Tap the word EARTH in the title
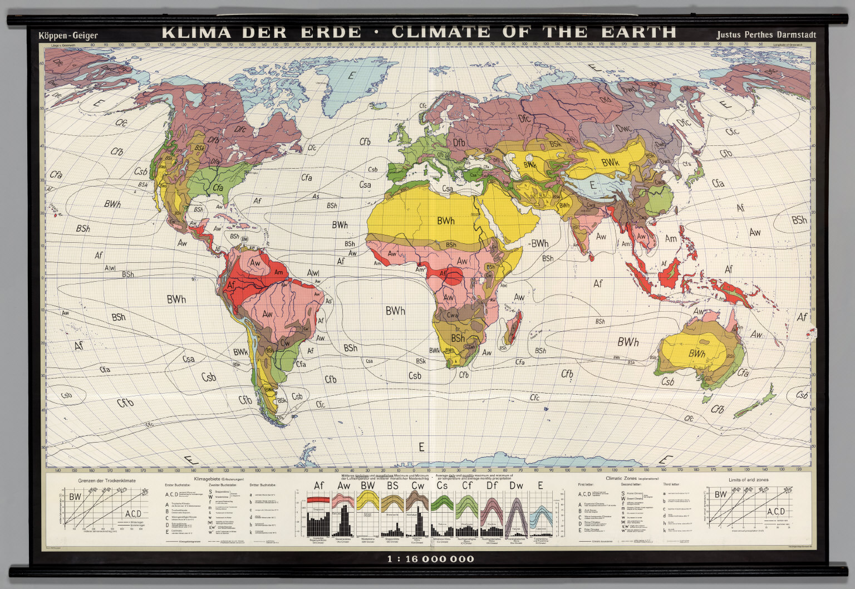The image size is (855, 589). point(638,32)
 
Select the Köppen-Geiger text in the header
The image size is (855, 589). point(68,36)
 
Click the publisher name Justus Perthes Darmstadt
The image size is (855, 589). point(766,35)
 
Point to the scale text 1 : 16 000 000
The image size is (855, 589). point(431,558)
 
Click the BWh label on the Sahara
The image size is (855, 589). point(445,221)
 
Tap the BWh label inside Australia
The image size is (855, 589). point(696,354)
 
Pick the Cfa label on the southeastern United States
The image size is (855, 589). point(217,188)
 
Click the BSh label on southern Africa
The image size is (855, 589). point(458,338)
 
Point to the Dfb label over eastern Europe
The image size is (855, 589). point(459,143)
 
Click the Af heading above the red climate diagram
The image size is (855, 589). point(318,485)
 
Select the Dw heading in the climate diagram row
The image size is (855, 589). point(516,485)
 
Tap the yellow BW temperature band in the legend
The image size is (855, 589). point(368,503)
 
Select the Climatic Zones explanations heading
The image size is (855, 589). point(632,478)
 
